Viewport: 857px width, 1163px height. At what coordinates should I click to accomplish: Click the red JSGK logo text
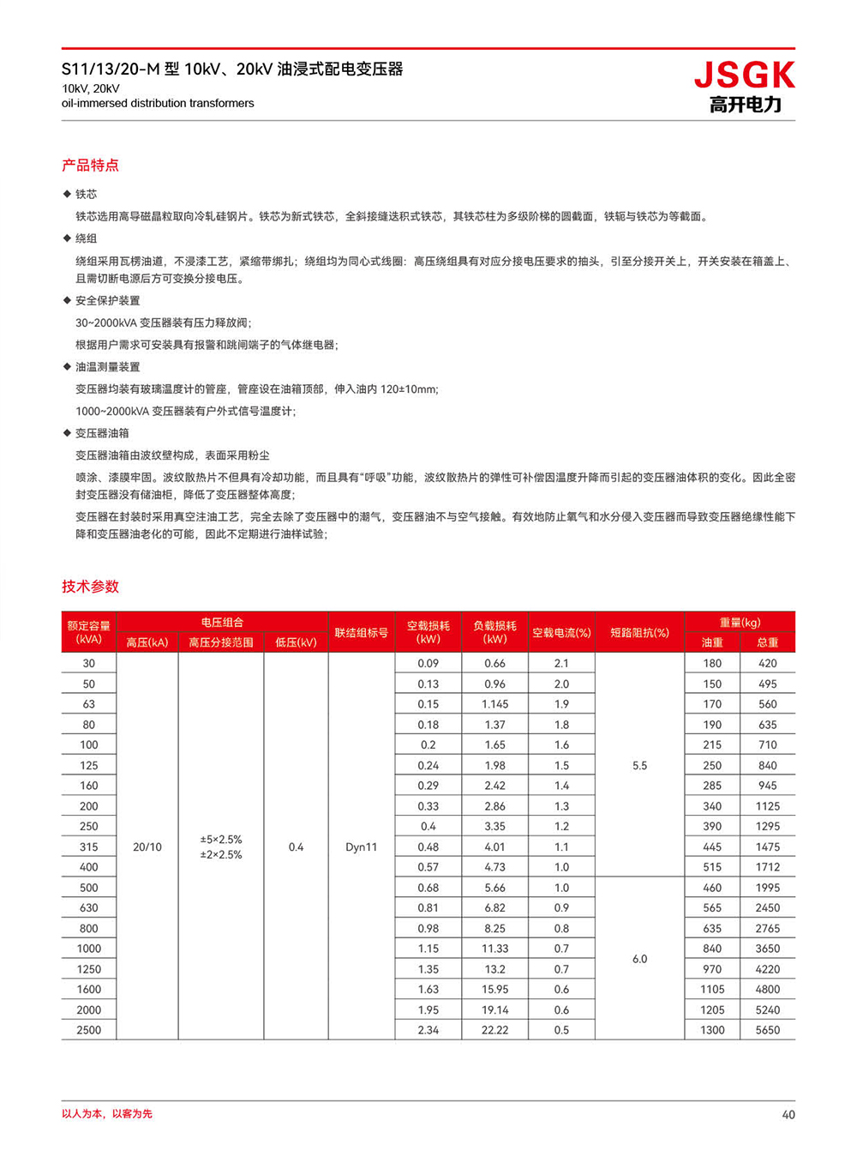pyautogui.click(x=744, y=75)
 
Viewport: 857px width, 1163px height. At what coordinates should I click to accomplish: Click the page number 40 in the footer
pyautogui.click(x=788, y=1114)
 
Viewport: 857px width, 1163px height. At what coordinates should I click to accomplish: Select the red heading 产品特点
pyautogui.click(x=90, y=165)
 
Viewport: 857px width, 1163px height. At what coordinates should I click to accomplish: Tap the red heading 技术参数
pyautogui.click(x=90, y=587)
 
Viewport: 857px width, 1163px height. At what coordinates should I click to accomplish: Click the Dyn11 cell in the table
pyautogui.click(x=361, y=847)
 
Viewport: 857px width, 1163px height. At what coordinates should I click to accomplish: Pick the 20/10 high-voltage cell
pyautogui.click(x=147, y=847)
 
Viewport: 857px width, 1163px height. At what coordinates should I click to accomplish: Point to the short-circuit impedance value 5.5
pyautogui.click(x=639, y=765)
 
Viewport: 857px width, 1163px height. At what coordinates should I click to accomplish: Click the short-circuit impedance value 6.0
pyautogui.click(x=639, y=959)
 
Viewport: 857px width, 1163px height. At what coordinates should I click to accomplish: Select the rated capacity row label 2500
pyautogui.click(x=89, y=1030)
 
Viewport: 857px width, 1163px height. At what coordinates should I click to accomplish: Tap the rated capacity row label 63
pyautogui.click(x=89, y=704)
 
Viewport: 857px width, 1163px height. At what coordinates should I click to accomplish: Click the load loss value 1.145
pyautogui.click(x=494, y=704)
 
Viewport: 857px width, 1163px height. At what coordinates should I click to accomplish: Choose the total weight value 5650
pyautogui.click(x=768, y=1030)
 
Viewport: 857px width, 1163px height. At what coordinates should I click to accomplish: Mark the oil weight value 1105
pyautogui.click(x=712, y=989)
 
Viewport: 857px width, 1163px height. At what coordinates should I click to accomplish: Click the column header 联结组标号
pyautogui.click(x=361, y=632)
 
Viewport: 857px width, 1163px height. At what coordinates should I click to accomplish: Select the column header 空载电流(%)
pyautogui.click(x=561, y=632)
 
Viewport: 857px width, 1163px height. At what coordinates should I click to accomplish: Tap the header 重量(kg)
pyautogui.click(x=740, y=622)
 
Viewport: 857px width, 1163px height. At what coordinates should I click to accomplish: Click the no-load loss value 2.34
pyautogui.click(x=428, y=1030)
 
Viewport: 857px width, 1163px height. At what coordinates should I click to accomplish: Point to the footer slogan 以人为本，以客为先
pyautogui.click(x=107, y=1113)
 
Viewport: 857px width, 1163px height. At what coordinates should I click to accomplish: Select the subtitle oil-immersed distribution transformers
pyautogui.click(x=158, y=103)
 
